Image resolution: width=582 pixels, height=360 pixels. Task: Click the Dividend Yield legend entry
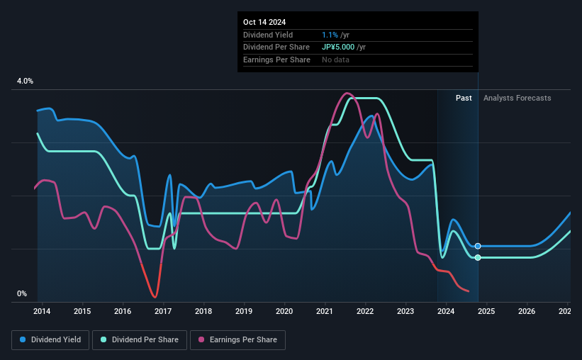click(x=51, y=340)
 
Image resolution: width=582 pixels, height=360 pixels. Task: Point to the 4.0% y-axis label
click(x=25, y=81)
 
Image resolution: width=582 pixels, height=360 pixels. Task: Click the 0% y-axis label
click(x=22, y=294)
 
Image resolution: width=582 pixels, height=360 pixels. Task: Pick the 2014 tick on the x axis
click(x=41, y=311)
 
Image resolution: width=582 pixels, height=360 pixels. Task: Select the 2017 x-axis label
click(x=163, y=311)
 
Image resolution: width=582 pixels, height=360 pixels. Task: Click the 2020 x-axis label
click(x=284, y=311)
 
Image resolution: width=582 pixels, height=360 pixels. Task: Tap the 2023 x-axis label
click(x=405, y=311)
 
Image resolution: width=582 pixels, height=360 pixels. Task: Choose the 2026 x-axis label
click(x=527, y=311)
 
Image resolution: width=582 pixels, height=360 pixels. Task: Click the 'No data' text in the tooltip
click(x=335, y=60)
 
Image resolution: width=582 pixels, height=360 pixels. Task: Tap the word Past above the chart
click(x=464, y=98)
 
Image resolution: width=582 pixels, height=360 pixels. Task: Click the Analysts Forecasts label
click(x=517, y=98)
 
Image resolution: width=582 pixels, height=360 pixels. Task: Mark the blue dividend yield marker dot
click(x=478, y=246)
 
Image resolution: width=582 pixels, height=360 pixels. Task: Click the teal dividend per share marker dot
click(x=478, y=257)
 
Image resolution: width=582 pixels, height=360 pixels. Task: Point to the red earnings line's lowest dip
click(x=154, y=297)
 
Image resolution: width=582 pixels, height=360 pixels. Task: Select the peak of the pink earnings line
click(x=347, y=93)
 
